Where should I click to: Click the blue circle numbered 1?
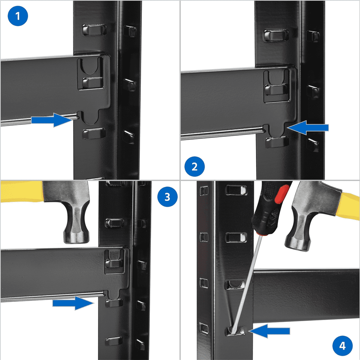pyautogui.click(x=18, y=16)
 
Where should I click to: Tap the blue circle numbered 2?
pyautogui.click(x=194, y=167)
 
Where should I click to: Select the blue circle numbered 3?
pyautogui.click(x=167, y=197)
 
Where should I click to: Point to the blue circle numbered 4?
pyautogui.click(x=342, y=346)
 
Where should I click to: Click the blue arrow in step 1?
pyautogui.click(x=52, y=120)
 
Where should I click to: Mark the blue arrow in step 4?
pyautogui.click(x=270, y=330)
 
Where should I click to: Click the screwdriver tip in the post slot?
pyautogui.click(x=234, y=330)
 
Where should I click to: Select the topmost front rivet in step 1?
pyautogui.click(x=94, y=30)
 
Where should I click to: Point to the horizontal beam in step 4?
pyautogui.click(x=306, y=295)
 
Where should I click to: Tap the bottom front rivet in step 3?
pyautogui.click(x=114, y=341)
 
